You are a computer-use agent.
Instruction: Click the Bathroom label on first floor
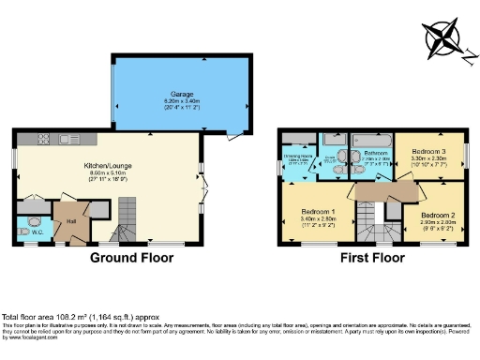point(375,151)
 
